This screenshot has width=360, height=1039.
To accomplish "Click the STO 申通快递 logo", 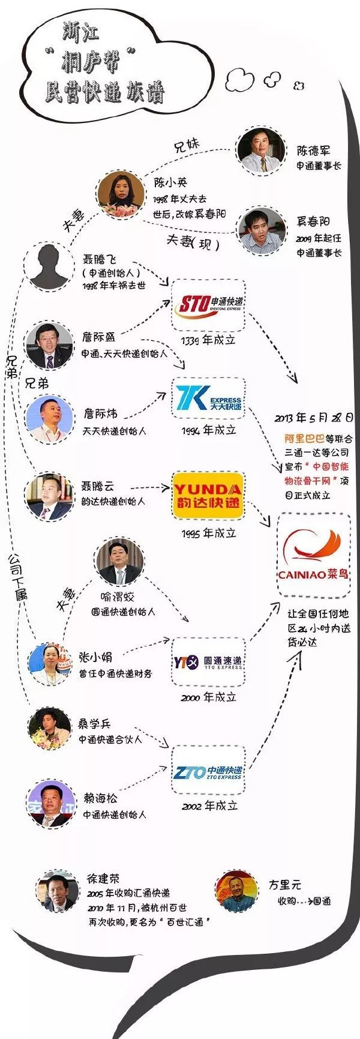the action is [208, 305].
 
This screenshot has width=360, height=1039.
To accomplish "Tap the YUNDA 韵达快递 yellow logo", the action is [208, 496].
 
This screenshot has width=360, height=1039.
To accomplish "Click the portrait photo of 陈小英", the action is [121, 194].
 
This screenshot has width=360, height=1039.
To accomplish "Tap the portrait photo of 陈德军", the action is [261, 151].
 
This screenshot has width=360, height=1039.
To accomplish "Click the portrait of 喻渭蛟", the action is [119, 562].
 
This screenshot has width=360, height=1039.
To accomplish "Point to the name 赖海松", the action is [100, 798].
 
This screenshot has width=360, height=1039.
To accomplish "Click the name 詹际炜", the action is [100, 414].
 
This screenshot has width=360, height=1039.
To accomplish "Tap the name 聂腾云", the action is [97, 486].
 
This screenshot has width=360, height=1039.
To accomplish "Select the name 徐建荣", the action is [103, 879].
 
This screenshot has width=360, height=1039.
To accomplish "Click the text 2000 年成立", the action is [209, 697].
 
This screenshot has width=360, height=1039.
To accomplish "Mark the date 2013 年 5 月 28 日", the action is [314, 418].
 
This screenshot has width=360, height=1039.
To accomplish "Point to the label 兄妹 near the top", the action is [187, 146].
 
